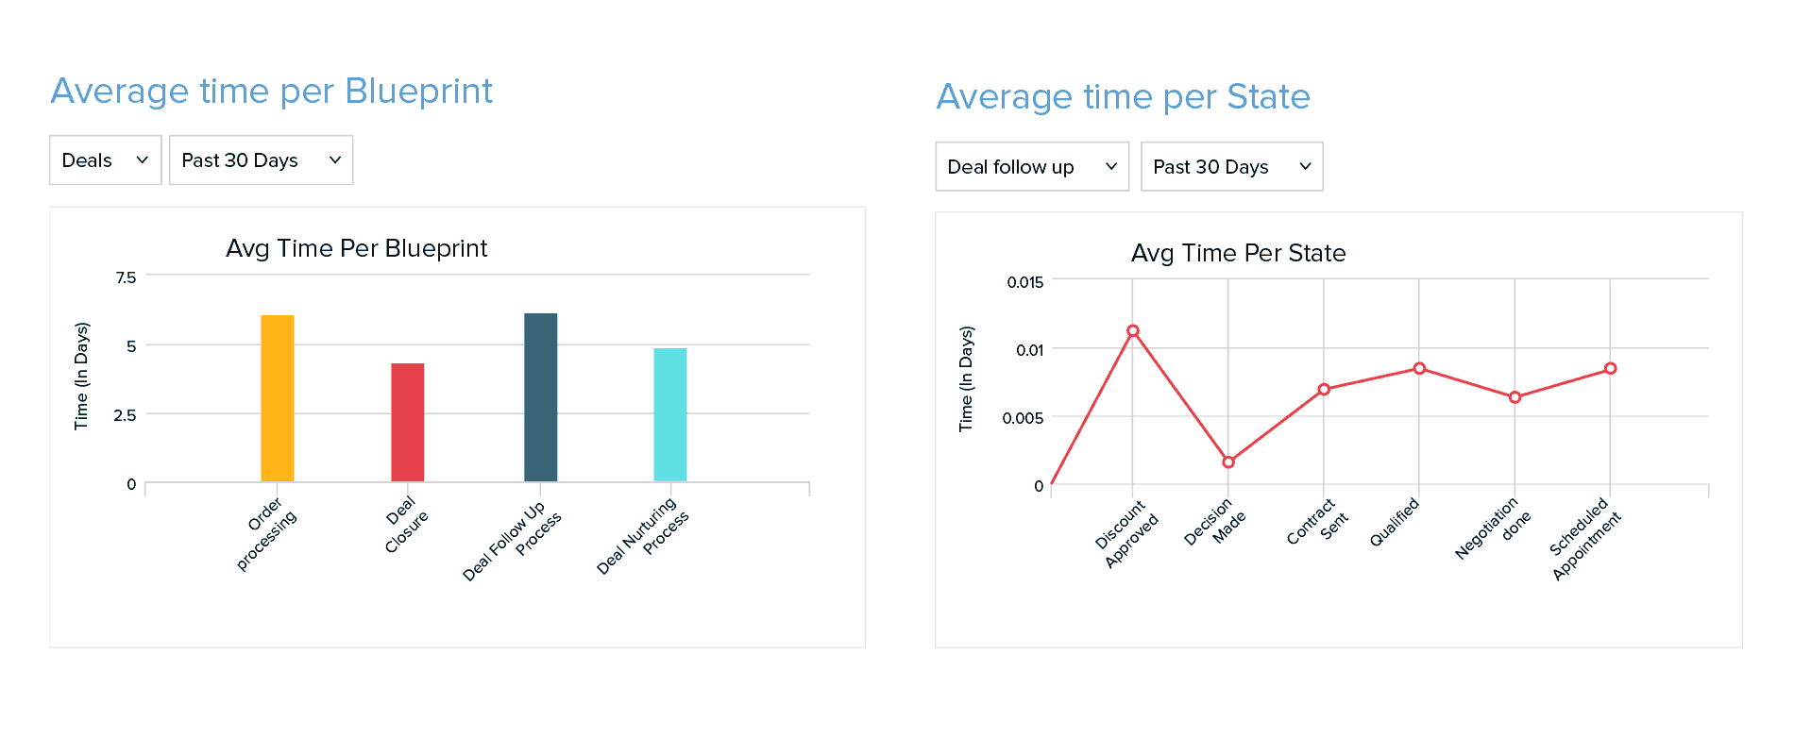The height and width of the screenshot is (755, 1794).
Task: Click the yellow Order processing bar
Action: point(278,397)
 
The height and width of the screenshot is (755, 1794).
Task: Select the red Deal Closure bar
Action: point(407,422)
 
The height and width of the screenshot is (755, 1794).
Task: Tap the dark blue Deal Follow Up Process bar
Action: point(540,396)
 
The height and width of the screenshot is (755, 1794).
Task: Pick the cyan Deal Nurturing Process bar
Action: point(670,414)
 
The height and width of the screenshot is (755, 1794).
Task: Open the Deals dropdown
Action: point(105,160)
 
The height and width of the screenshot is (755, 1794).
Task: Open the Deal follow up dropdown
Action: point(1032,167)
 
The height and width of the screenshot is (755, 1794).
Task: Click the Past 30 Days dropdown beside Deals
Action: point(261,160)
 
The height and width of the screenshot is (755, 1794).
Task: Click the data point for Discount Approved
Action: point(1133,331)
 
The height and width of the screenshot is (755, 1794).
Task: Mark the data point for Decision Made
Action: point(1228,462)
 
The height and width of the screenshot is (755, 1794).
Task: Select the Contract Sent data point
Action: point(1324,390)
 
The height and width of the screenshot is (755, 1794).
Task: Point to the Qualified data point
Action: point(1419,368)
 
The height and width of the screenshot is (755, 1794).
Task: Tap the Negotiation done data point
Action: point(1515,397)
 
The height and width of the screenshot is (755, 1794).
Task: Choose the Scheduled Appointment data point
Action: point(1610,369)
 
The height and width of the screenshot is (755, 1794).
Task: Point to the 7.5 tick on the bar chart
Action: point(126,277)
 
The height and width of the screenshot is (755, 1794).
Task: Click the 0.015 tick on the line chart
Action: point(1024,282)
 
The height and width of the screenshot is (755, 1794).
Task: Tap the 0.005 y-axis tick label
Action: point(1023,418)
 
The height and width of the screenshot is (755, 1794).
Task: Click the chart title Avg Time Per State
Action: point(1238,253)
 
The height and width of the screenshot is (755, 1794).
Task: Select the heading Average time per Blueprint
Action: point(272,92)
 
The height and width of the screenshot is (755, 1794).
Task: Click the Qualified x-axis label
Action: point(1395,522)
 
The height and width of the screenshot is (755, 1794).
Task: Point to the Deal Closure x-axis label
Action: point(406,526)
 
